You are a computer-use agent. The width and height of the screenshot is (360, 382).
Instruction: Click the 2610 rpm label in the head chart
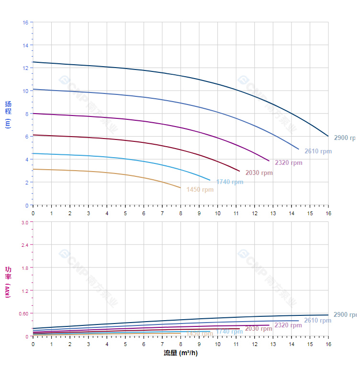click(318, 151)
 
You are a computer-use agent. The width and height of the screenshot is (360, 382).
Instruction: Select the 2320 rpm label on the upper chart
click(288, 163)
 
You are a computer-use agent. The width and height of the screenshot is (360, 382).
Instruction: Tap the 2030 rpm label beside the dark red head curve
click(259, 173)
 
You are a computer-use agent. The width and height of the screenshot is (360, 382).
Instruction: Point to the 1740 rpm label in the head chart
click(230, 182)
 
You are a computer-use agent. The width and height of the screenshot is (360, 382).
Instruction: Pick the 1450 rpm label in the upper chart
click(200, 190)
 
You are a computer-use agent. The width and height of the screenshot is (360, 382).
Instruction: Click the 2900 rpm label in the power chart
click(345, 315)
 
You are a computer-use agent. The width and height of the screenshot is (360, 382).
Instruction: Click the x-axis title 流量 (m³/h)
click(180, 353)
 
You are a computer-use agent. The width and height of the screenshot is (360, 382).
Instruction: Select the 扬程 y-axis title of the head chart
click(8, 114)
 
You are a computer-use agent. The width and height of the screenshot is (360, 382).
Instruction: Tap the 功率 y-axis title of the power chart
click(8, 282)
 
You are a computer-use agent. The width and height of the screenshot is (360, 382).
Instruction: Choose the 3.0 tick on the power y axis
click(25, 222)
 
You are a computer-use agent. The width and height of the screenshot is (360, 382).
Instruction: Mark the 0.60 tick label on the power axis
click(23, 313)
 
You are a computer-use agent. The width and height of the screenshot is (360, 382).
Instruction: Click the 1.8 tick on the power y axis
click(25, 267)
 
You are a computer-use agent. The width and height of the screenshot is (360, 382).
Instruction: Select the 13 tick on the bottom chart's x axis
click(273, 344)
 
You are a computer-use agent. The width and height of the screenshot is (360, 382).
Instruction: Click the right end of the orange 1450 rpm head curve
click(181, 188)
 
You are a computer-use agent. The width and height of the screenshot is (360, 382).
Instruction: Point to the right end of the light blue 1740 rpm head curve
click(210, 180)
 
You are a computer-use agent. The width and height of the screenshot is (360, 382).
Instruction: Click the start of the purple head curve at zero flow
click(33, 114)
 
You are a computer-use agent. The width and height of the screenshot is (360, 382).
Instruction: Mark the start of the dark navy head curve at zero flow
click(33, 62)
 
